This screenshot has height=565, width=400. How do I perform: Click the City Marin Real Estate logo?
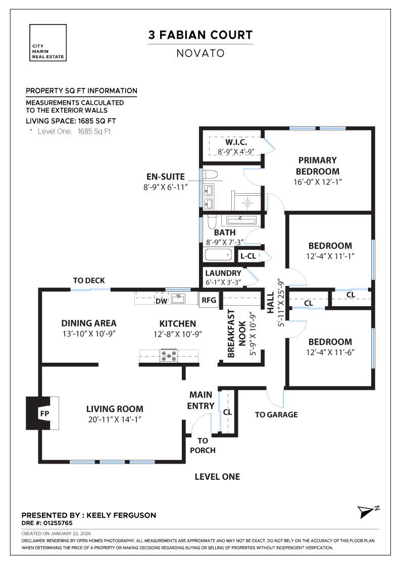pos(48,42)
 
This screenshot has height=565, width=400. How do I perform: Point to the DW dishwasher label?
pos(161,301)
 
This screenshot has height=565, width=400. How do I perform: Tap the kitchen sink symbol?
pos(177,299)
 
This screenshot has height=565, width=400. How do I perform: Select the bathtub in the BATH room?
pos(218,255)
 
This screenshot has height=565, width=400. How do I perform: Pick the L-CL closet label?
pos(248,256)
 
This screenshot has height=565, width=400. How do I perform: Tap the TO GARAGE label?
pos(276,415)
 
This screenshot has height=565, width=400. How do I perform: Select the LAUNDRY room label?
pos(223,273)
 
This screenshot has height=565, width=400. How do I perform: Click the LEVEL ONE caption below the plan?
pos(217,477)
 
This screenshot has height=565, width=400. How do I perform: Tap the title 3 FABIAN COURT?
pos(200,35)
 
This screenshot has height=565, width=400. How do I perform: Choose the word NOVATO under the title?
pos(200,53)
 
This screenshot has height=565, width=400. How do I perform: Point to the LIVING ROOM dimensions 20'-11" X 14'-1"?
pos(115,419)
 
